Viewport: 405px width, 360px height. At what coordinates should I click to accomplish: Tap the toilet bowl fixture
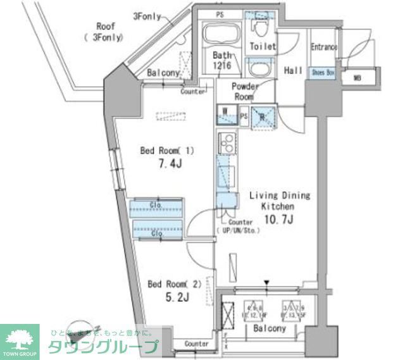(x=259, y=29)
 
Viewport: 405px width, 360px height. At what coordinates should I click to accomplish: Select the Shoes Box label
(x=323, y=73)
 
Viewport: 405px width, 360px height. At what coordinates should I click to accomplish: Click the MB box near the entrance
(x=357, y=78)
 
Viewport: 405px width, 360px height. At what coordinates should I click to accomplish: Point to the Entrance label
(x=324, y=47)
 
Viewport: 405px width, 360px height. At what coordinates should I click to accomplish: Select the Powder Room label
(x=244, y=92)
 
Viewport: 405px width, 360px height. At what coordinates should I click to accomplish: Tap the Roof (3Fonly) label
(x=105, y=32)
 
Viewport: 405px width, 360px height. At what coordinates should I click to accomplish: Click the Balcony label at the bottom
(x=270, y=329)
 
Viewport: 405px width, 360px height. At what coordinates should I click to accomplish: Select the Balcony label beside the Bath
(x=163, y=73)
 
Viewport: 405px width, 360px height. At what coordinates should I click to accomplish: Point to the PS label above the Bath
(x=220, y=13)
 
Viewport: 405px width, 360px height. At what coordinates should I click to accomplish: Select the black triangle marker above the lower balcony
(x=267, y=282)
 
